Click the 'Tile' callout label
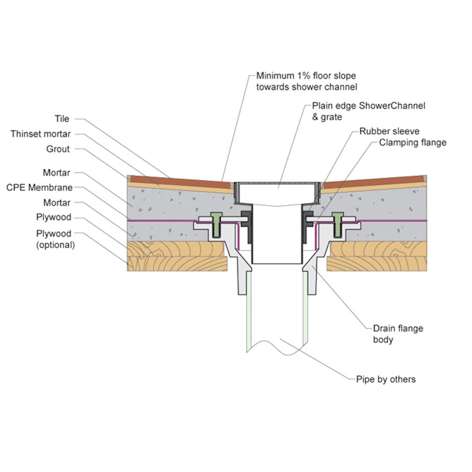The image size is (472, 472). (62, 119)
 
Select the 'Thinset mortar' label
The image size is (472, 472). (41, 134)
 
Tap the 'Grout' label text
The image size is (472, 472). (58, 149)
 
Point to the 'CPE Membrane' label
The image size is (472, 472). (39, 188)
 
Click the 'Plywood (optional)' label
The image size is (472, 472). (55, 239)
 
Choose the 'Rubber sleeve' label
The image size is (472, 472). (389, 131)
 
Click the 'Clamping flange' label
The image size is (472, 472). (413, 142)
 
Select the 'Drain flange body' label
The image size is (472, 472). (398, 334)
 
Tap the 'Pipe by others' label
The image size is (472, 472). (386, 379)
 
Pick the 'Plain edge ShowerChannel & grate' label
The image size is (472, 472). (369, 111)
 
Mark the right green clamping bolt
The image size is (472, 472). (337, 224)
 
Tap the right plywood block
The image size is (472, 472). (378, 256)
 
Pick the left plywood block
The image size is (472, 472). (177, 256)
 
